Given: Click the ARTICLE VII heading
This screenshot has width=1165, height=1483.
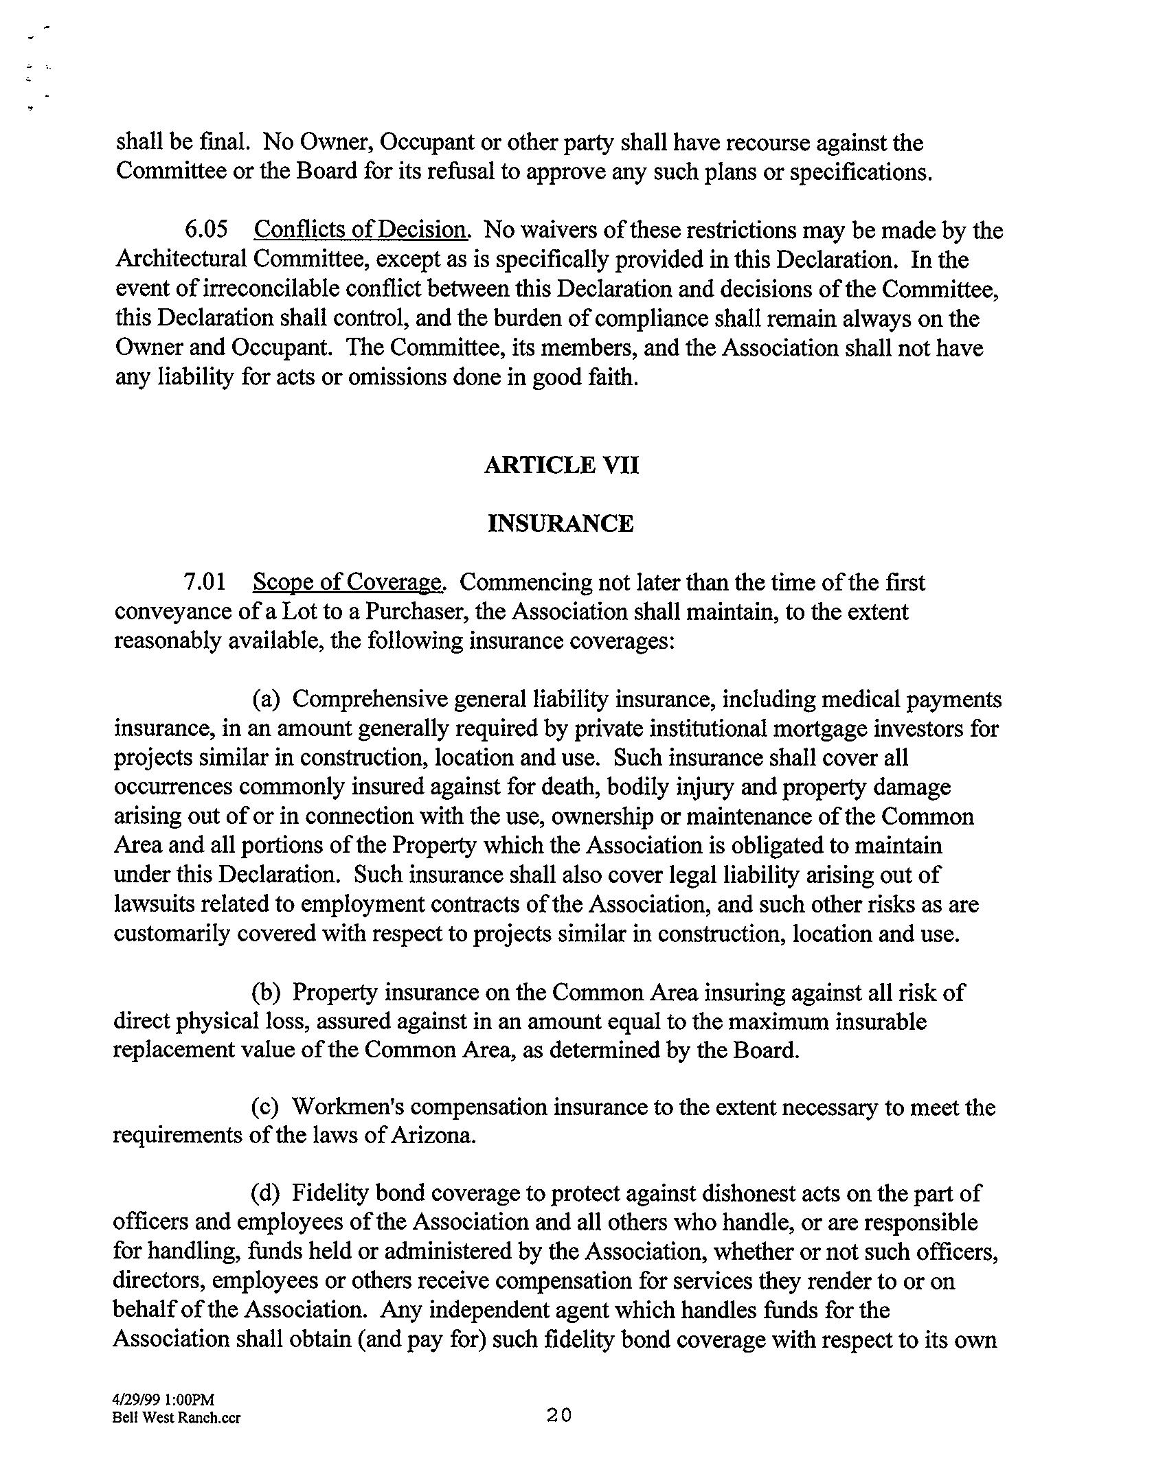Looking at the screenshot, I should [561, 465].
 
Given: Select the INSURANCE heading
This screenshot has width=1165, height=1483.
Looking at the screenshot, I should [561, 524].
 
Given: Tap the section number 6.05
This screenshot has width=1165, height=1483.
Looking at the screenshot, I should [205, 229].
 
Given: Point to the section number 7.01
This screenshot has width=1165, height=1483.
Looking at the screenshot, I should [205, 582].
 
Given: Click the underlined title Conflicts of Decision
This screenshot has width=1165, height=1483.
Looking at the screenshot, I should [361, 229].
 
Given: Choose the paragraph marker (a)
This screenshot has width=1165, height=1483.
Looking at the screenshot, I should [266, 700].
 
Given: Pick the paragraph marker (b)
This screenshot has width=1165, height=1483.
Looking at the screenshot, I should [266, 992].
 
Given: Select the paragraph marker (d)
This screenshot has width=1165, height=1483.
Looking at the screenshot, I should [266, 1194].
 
